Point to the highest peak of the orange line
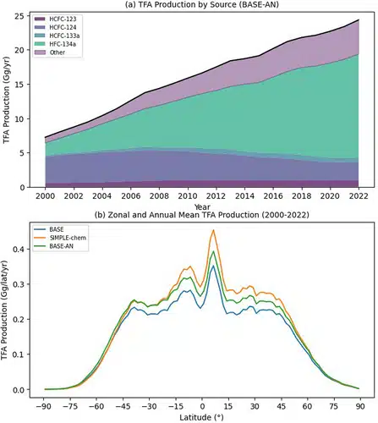pyautogui.click(x=213, y=230)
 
